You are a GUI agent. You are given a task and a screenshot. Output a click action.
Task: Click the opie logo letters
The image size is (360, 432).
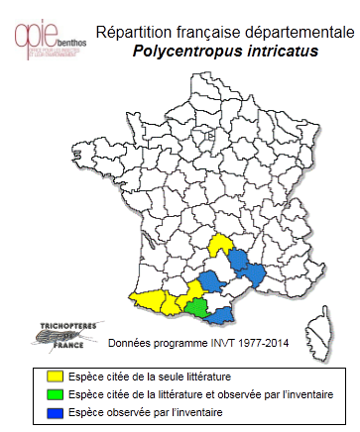click(x=37, y=34)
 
